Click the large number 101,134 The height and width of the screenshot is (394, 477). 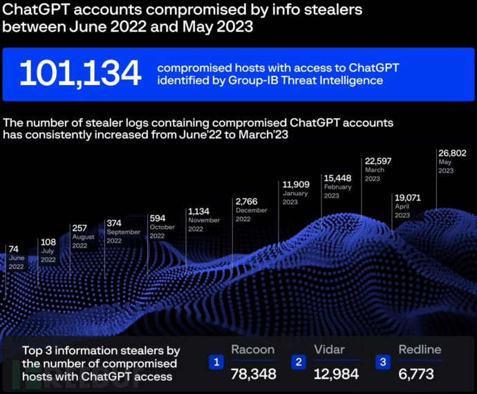click(x=80, y=73)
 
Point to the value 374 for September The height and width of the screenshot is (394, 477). click(x=115, y=223)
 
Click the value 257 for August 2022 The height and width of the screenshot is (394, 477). click(x=80, y=227)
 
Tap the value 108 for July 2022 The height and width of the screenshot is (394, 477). click(x=48, y=243)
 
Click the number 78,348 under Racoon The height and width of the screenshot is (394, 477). click(x=254, y=374)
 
